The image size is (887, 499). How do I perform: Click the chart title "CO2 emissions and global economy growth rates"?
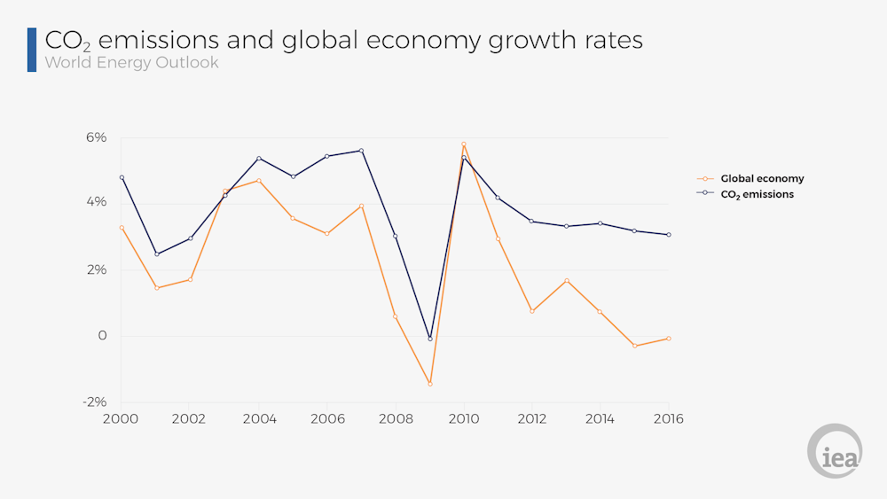click(x=343, y=40)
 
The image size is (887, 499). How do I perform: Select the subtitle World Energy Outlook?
click(x=131, y=63)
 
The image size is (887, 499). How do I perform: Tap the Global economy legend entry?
click(x=761, y=178)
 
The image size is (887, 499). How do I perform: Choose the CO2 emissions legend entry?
click(x=756, y=194)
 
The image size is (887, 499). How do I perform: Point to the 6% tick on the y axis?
click(x=96, y=137)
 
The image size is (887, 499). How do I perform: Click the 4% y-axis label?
click(x=96, y=202)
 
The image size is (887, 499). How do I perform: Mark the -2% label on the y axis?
click(x=94, y=402)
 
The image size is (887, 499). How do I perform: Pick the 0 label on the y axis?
click(x=102, y=336)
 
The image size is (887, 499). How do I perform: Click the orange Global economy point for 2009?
click(x=429, y=384)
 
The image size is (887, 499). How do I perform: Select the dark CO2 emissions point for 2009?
click(x=429, y=339)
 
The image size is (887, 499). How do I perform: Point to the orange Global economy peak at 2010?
click(x=463, y=144)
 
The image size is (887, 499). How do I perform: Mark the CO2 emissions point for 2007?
click(x=361, y=151)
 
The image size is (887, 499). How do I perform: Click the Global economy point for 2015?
click(x=634, y=346)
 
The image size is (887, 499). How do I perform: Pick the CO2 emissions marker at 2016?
click(x=669, y=235)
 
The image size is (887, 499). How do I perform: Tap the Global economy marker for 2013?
click(x=566, y=281)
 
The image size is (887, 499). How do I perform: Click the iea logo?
click(x=834, y=451)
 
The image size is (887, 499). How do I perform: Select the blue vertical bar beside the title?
click(x=32, y=50)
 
